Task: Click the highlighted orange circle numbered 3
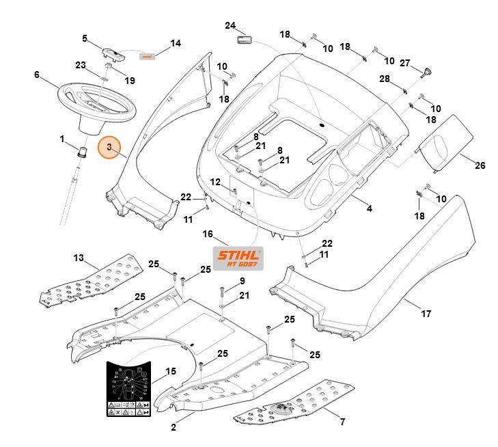(x=109, y=148)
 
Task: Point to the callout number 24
(x=230, y=25)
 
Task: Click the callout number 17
(x=426, y=314)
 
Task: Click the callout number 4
(x=369, y=208)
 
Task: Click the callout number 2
(x=174, y=428)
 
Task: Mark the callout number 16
(x=208, y=234)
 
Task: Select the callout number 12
(x=215, y=182)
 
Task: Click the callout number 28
(x=384, y=79)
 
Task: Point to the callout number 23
(x=80, y=65)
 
